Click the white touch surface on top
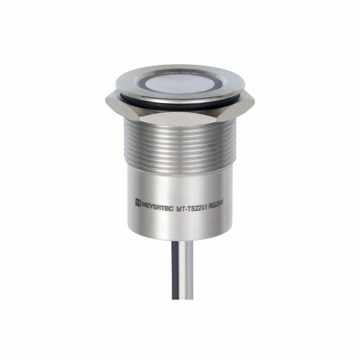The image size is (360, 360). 180,84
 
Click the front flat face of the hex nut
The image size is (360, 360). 180,120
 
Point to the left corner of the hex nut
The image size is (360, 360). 106,99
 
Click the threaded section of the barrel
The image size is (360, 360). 180,145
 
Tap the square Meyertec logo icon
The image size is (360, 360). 138,202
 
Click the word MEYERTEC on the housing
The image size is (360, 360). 158,204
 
